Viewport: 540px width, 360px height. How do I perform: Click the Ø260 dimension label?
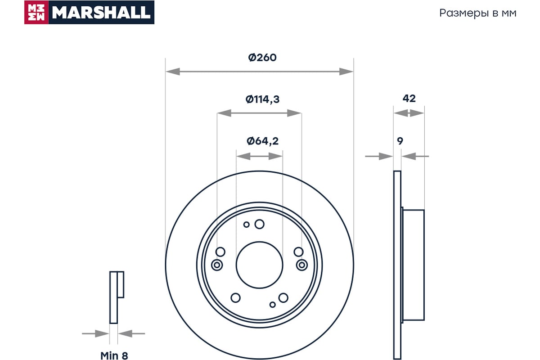262,58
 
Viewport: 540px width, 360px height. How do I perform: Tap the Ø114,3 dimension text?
262,99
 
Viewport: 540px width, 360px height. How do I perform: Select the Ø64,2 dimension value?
262,141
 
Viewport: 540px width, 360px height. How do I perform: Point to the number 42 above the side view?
409,99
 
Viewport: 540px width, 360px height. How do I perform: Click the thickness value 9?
400,141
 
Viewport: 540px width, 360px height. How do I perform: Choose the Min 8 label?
114,355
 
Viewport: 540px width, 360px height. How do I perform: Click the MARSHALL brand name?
101,13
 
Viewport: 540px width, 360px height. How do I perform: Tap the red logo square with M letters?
36,12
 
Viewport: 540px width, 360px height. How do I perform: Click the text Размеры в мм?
478,13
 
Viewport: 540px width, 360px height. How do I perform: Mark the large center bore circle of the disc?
259,242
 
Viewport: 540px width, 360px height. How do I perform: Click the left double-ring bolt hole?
217,265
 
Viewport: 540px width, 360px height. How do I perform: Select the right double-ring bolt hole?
302,265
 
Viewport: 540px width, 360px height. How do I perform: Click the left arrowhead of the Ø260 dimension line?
173,72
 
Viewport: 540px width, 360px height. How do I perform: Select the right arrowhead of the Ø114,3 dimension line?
294,113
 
